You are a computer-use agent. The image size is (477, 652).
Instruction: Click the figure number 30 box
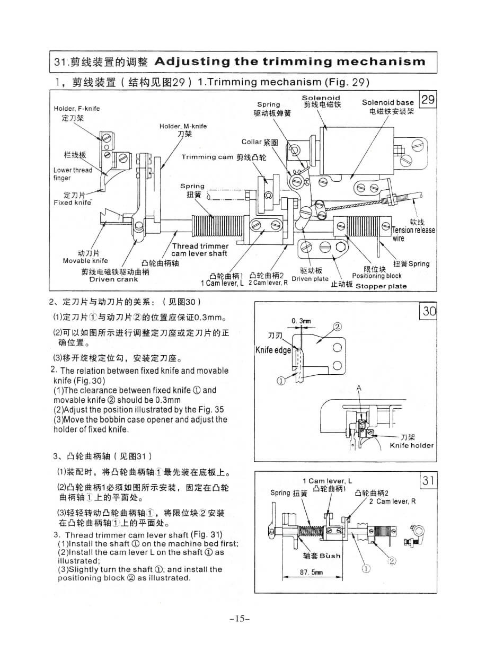(x=429, y=311)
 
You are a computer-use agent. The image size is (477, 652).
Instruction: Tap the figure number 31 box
(x=429, y=481)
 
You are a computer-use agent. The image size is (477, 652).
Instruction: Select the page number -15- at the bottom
(x=240, y=619)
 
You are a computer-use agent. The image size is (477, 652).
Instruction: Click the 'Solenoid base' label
(x=388, y=102)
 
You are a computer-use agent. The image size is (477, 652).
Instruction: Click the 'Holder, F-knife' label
(x=77, y=109)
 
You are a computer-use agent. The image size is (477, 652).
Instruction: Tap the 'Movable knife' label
(x=85, y=261)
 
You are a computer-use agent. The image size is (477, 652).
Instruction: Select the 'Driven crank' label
(x=113, y=279)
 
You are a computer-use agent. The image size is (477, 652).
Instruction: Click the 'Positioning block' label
(x=377, y=276)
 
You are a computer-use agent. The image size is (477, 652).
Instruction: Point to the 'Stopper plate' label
(x=381, y=286)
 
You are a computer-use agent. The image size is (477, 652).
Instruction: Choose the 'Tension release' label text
(x=413, y=231)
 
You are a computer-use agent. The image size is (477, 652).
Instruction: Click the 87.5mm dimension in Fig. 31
(x=311, y=572)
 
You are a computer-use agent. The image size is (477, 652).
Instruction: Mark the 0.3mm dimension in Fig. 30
(x=301, y=321)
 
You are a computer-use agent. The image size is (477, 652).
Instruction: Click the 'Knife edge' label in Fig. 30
(x=273, y=350)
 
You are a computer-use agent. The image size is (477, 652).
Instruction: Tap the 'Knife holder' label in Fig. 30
(x=411, y=445)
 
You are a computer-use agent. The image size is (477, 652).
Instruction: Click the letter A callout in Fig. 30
(x=359, y=388)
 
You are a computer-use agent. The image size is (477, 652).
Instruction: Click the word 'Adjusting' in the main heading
(x=192, y=61)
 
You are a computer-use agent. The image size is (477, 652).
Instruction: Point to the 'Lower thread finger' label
(x=73, y=174)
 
